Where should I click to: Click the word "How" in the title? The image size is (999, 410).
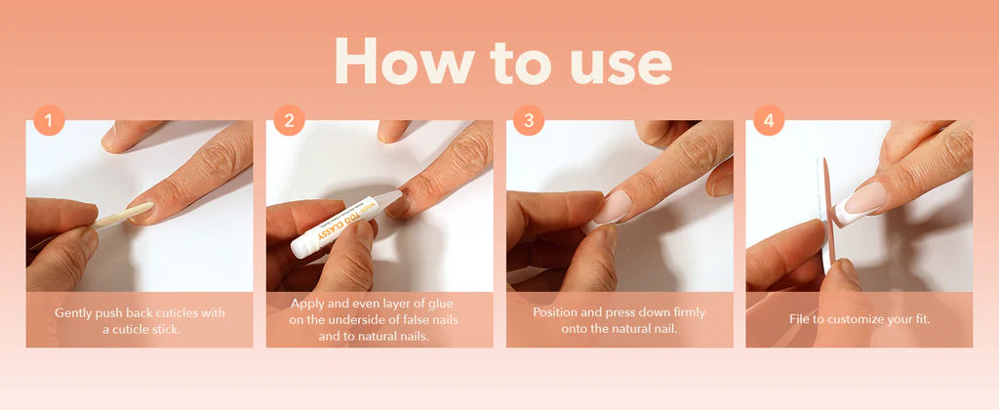pyautogui.click(x=404, y=61)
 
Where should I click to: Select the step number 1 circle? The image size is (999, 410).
pyautogui.click(x=49, y=120)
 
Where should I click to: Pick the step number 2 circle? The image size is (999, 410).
pyautogui.click(x=289, y=120)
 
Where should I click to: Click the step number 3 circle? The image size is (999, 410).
pyautogui.click(x=529, y=120)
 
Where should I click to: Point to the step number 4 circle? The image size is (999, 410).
pyautogui.click(x=769, y=120)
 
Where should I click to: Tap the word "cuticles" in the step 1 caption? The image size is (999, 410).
pyautogui.click(x=168, y=313)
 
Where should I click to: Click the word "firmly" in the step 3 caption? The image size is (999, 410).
pyautogui.click(x=689, y=313)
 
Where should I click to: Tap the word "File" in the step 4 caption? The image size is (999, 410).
pyautogui.click(x=800, y=319)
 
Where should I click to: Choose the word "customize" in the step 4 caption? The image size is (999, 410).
pyautogui.click(x=852, y=319)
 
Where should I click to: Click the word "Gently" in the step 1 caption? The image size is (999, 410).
pyautogui.click(x=71, y=313)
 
